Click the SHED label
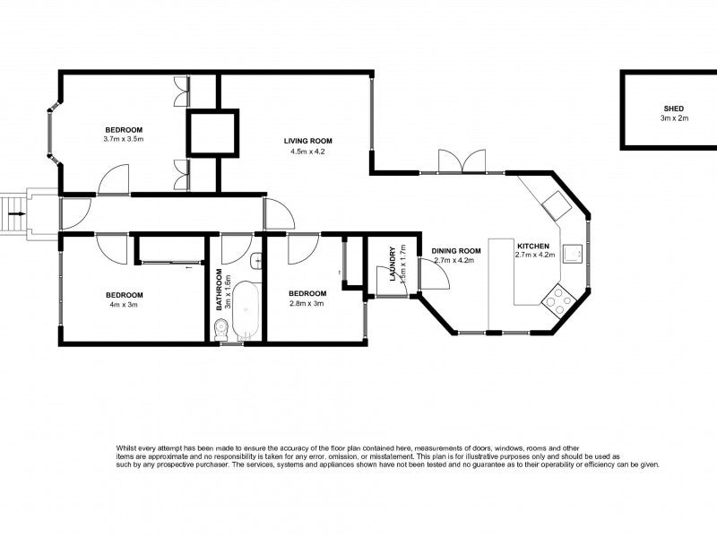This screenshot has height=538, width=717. (x=671, y=108)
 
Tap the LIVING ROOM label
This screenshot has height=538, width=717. (x=308, y=141)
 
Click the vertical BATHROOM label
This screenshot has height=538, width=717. (x=218, y=289)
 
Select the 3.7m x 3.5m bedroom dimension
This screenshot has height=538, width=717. (x=124, y=139)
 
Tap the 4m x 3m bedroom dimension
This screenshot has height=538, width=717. (x=124, y=304)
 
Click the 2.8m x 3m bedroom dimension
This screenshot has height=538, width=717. (x=306, y=303)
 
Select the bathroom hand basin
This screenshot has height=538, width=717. (x=256, y=263)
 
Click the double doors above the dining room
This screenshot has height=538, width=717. (x=458, y=161)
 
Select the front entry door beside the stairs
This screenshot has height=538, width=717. (x=73, y=213)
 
